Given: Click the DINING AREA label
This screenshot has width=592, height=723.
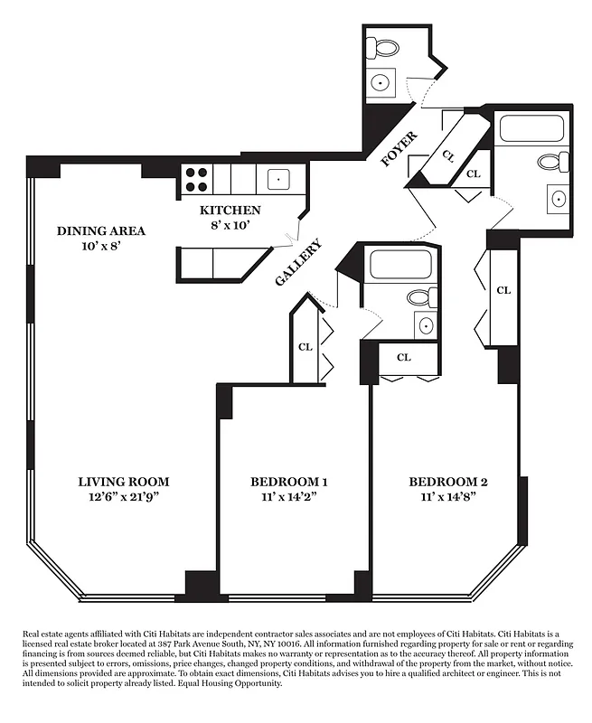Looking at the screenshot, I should (x=101, y=230).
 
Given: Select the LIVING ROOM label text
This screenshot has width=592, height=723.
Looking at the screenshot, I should (x=124, y=482).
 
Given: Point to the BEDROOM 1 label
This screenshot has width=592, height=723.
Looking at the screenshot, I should (x=289, y=482).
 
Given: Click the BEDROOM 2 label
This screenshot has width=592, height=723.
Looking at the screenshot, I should (x=447, y=482).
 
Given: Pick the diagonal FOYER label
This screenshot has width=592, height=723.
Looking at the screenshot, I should (x=399, y=149).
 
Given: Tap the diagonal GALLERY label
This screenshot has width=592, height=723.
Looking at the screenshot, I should (x=297, y=263).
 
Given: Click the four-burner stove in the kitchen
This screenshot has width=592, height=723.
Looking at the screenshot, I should (x=196, y=178).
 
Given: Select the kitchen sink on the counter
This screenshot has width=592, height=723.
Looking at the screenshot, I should (x=277, y=178).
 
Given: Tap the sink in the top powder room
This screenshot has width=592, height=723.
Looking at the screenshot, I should (x=381, y=82).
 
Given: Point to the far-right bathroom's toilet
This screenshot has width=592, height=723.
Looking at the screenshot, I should (x=550, y=163).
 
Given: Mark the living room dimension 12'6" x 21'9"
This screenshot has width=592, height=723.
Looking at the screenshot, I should (x=124, y=497).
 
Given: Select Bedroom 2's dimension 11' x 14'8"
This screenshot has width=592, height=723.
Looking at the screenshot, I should (x=447, y=497).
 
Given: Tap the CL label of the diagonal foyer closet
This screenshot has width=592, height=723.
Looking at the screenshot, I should (x=447, y=155).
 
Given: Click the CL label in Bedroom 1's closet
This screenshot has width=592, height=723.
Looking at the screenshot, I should (x=305, y=346).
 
